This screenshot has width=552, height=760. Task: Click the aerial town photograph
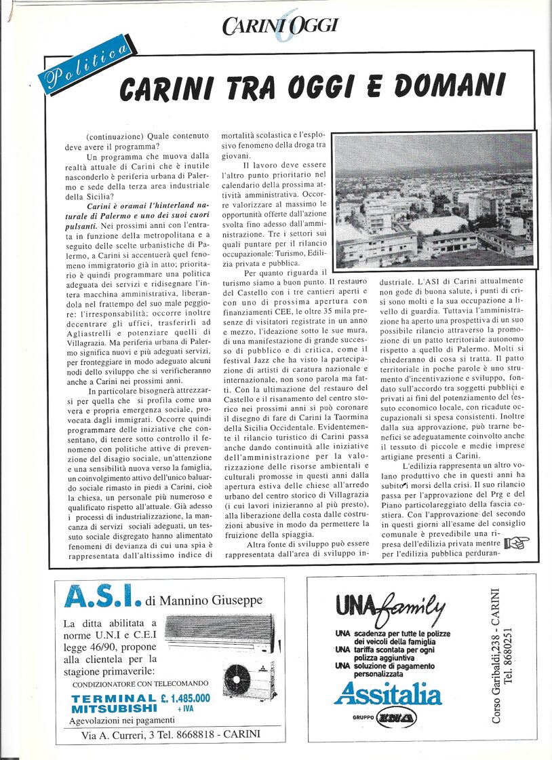click(435, 201)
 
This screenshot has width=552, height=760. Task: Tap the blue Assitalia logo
click(387, 693)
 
